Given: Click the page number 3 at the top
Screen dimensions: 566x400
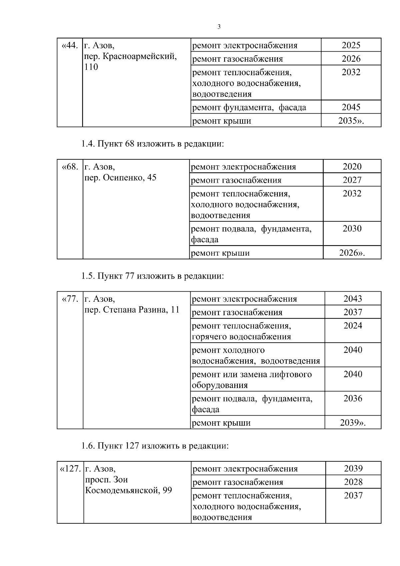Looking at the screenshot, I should (219, 27).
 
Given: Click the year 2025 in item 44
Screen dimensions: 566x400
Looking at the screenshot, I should (351, 45).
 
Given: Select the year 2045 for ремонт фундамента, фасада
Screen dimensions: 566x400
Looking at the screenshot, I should (351, 107).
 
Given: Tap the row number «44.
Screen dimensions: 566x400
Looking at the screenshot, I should (70, 45).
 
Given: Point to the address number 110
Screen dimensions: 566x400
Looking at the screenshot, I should (91, 67).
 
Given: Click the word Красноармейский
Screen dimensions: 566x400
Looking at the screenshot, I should (139, 56).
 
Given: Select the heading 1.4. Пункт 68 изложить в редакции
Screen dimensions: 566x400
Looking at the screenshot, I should (152, 144).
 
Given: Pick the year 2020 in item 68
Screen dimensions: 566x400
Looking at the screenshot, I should (352, 166).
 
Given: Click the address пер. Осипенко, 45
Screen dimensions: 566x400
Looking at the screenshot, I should (120, 177).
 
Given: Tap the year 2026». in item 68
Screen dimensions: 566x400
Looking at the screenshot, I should (352, 253).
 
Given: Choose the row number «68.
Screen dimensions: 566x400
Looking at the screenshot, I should (70, 166).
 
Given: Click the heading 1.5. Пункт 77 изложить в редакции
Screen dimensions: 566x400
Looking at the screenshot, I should (152, 276).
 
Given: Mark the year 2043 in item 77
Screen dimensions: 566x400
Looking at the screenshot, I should (353, 299).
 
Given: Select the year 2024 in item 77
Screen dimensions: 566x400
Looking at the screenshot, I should (353, 325).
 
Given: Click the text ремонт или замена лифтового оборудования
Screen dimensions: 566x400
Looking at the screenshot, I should (252, 379).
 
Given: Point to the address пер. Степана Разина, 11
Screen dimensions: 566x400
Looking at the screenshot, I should (132, 310).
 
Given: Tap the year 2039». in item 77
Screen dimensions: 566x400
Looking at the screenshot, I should (353, 423).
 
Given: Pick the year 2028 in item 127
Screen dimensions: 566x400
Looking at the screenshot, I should (353, 482).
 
